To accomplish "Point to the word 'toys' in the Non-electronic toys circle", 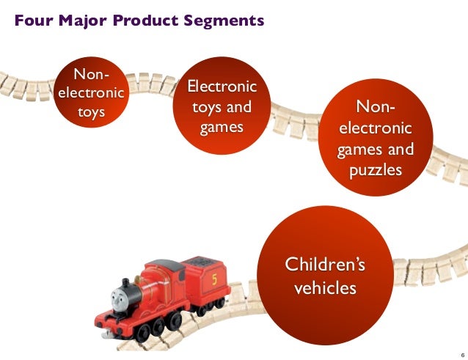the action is click(x=91, y=113).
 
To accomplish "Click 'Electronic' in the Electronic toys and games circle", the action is click(x=221, y=88).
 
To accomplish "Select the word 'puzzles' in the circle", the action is click(x=375, y=170).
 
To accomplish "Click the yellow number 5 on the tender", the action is click(x=213, y=279).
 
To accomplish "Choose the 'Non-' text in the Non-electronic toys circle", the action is click(x=90, y=75).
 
